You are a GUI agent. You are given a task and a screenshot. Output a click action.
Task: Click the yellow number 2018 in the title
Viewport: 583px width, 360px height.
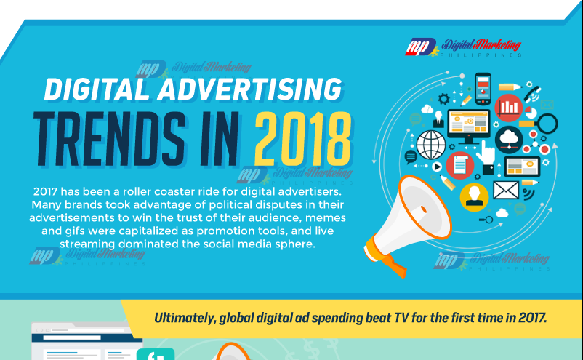(x=303, y=139)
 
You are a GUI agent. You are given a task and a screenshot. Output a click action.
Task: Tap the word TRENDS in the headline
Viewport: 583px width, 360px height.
(x=109, y=139)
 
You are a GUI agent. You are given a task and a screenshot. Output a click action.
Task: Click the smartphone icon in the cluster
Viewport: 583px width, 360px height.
(x=483, y=89)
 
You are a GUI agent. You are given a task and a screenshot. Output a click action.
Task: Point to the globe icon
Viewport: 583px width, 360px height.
(x=431, y=145)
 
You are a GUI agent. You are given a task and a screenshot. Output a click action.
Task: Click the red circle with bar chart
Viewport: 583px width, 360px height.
(x=509, y=108)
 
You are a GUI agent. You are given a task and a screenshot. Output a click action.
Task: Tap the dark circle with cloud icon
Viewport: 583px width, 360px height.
(x=509, y=140)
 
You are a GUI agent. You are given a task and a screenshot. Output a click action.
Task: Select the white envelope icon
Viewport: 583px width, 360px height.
(x=506, y=190)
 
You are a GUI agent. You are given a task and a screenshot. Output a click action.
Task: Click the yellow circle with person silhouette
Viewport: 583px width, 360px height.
(x=474, y=197)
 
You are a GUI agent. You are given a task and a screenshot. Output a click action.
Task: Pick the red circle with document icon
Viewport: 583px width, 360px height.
(x=460, y=166)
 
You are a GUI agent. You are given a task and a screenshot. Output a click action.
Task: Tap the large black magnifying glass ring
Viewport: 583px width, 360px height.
(x=547, y=124)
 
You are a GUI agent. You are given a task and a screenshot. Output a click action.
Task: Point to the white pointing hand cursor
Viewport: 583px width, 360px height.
(x=486, y=153)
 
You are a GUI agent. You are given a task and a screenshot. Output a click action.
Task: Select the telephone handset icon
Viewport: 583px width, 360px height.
(x=533, y=94)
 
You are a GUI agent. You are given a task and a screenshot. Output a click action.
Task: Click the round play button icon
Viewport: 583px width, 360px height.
(x=437, y=167)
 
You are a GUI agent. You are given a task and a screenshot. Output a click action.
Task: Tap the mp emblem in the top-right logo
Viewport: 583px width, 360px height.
(x=420, y=47)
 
